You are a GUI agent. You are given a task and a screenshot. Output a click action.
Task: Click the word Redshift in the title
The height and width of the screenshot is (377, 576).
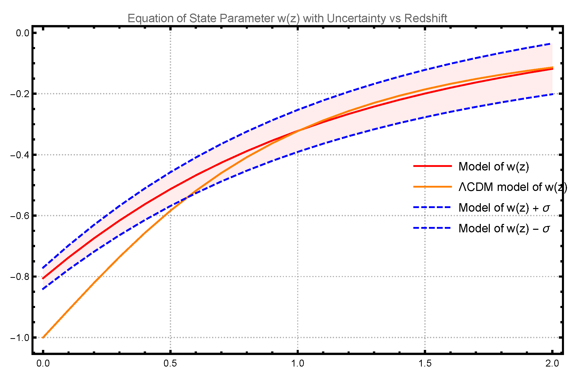pos(426,18)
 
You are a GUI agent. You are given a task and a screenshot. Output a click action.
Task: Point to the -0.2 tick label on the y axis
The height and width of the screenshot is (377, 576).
pos(20,94)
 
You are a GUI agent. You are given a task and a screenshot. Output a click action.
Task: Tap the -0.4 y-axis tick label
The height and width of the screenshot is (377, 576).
pos(20,155)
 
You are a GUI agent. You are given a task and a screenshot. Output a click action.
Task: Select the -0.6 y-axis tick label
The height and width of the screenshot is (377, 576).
pos(20,216)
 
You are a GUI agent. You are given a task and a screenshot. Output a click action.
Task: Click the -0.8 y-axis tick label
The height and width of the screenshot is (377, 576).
pos(20,277)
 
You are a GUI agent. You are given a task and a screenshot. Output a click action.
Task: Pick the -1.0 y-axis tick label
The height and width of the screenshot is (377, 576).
pos(20,338)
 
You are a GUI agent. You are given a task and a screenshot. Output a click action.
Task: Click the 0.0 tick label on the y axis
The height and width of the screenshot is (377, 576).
pos(23,33)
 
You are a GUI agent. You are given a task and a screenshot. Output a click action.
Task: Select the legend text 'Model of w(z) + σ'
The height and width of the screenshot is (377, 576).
pos(504,208)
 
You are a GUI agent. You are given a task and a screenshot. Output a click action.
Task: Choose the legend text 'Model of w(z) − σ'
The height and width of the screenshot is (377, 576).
pos(504,228)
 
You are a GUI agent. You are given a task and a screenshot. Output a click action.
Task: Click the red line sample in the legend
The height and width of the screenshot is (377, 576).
pos(433,166)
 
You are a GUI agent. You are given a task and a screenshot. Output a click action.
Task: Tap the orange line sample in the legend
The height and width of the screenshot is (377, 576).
pos(433,187)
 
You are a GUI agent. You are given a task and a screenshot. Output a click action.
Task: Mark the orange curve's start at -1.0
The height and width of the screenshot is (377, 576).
pos(43,337)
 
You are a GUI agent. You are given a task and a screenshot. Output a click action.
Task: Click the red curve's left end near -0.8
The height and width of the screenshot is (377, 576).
pos(43,278)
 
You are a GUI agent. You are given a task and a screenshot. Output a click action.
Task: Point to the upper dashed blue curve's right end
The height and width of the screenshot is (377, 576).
pos(552,44)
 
